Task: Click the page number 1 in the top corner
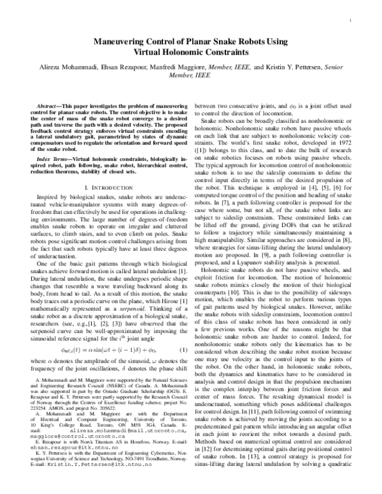(351, 21)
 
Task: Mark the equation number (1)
(183, 349)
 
